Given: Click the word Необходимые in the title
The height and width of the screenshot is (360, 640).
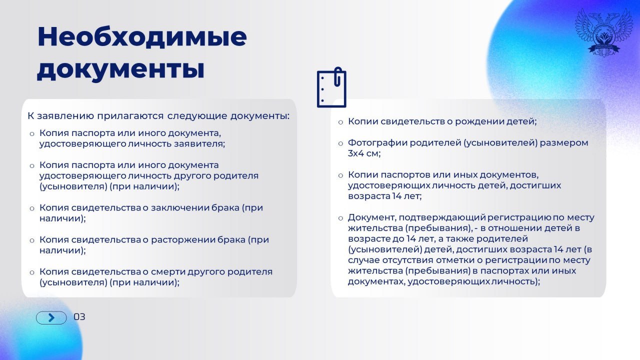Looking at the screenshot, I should pos(142,37).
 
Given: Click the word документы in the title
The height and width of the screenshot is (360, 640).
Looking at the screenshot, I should pos(120,69).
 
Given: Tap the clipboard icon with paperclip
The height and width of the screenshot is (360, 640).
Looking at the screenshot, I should pos(331,87).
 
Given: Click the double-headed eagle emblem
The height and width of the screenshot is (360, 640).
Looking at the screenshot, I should pos(604,32).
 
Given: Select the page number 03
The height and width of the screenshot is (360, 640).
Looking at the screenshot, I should pos(79,317).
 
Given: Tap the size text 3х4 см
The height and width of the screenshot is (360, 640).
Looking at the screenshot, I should pos(364,153).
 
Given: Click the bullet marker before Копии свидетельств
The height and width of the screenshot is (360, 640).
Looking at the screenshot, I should pos(340,121).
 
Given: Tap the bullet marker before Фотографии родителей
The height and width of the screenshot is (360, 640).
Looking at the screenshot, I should pos(340,143).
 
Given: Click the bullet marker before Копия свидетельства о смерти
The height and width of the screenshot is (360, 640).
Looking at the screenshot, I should pos(32,272).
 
